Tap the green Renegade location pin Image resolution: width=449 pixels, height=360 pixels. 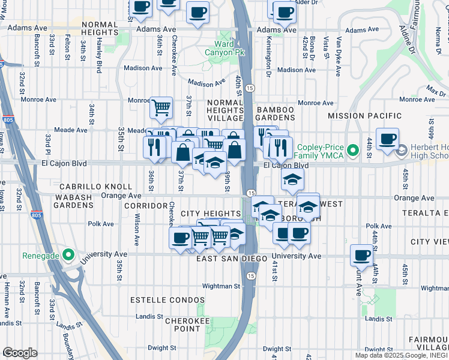click(69, 255)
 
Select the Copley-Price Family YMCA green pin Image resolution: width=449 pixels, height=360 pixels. click(353, 149)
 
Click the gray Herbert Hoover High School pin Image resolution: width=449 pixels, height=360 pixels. click(402, 149)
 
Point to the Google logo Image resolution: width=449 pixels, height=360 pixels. click(20, 353)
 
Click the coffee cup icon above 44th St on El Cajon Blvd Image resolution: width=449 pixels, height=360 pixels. click(388, 138)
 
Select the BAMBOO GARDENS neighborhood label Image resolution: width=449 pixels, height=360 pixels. click(276, 115)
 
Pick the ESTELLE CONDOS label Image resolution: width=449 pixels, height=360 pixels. click(164, 298)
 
